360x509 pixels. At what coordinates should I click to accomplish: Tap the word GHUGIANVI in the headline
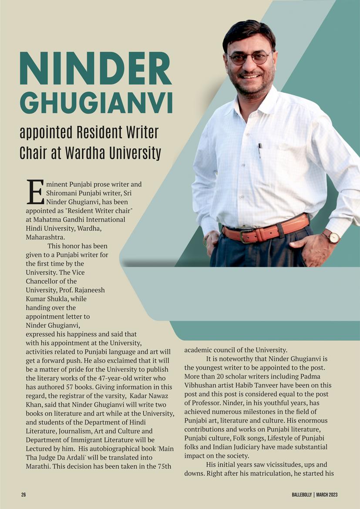pos(96,102)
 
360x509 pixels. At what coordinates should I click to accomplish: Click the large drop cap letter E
pos(35,192)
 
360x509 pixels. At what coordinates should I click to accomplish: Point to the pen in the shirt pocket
pos(260,150)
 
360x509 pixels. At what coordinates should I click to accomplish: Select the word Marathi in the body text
pos(39,467)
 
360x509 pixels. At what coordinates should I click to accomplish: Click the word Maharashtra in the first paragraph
pos(45,237)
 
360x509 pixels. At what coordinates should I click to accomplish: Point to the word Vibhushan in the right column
pos(200,385)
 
